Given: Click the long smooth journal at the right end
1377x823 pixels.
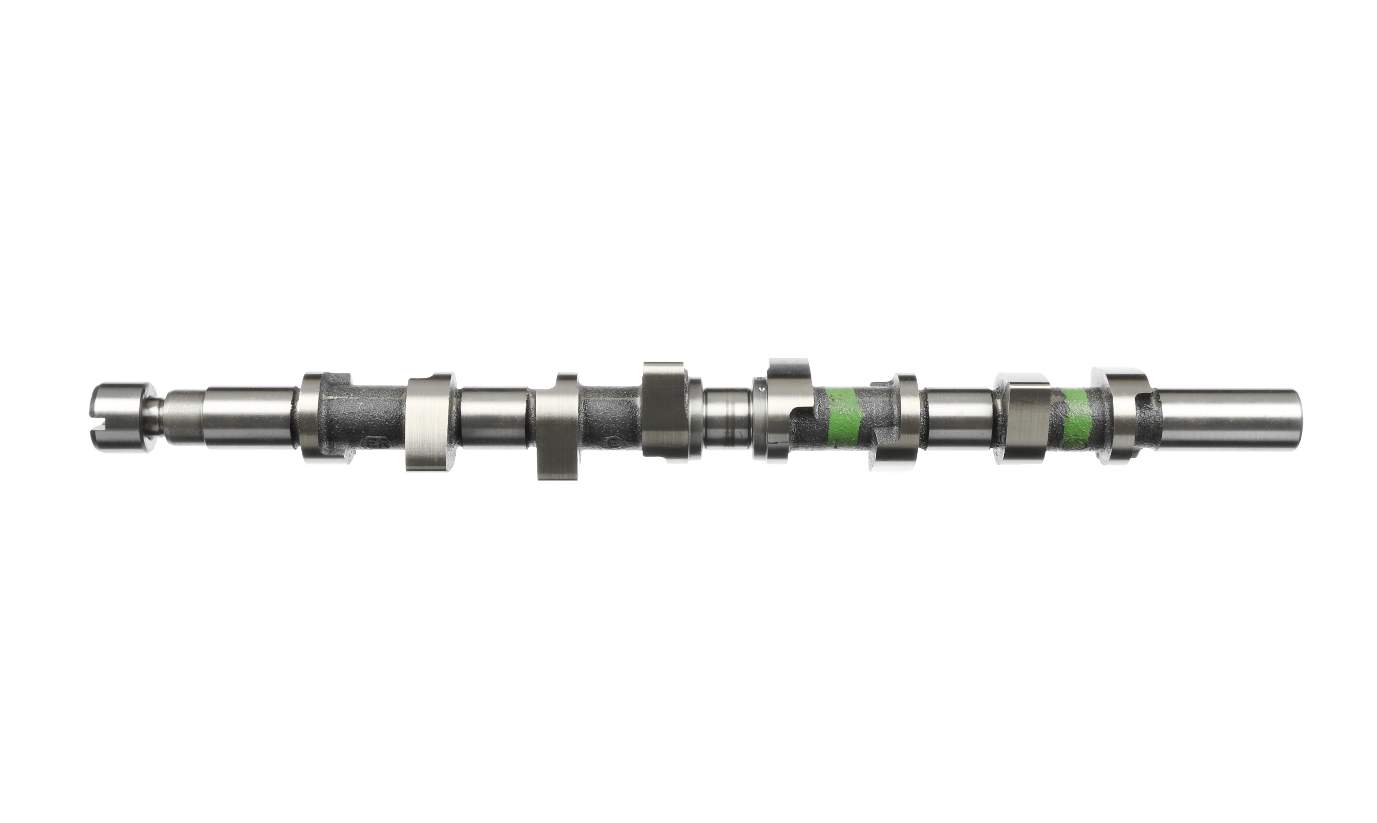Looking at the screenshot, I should coord(1229,418).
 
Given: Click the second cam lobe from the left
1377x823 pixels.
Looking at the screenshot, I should coord(430,422).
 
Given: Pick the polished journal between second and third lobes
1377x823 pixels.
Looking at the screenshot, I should coord(494,417).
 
